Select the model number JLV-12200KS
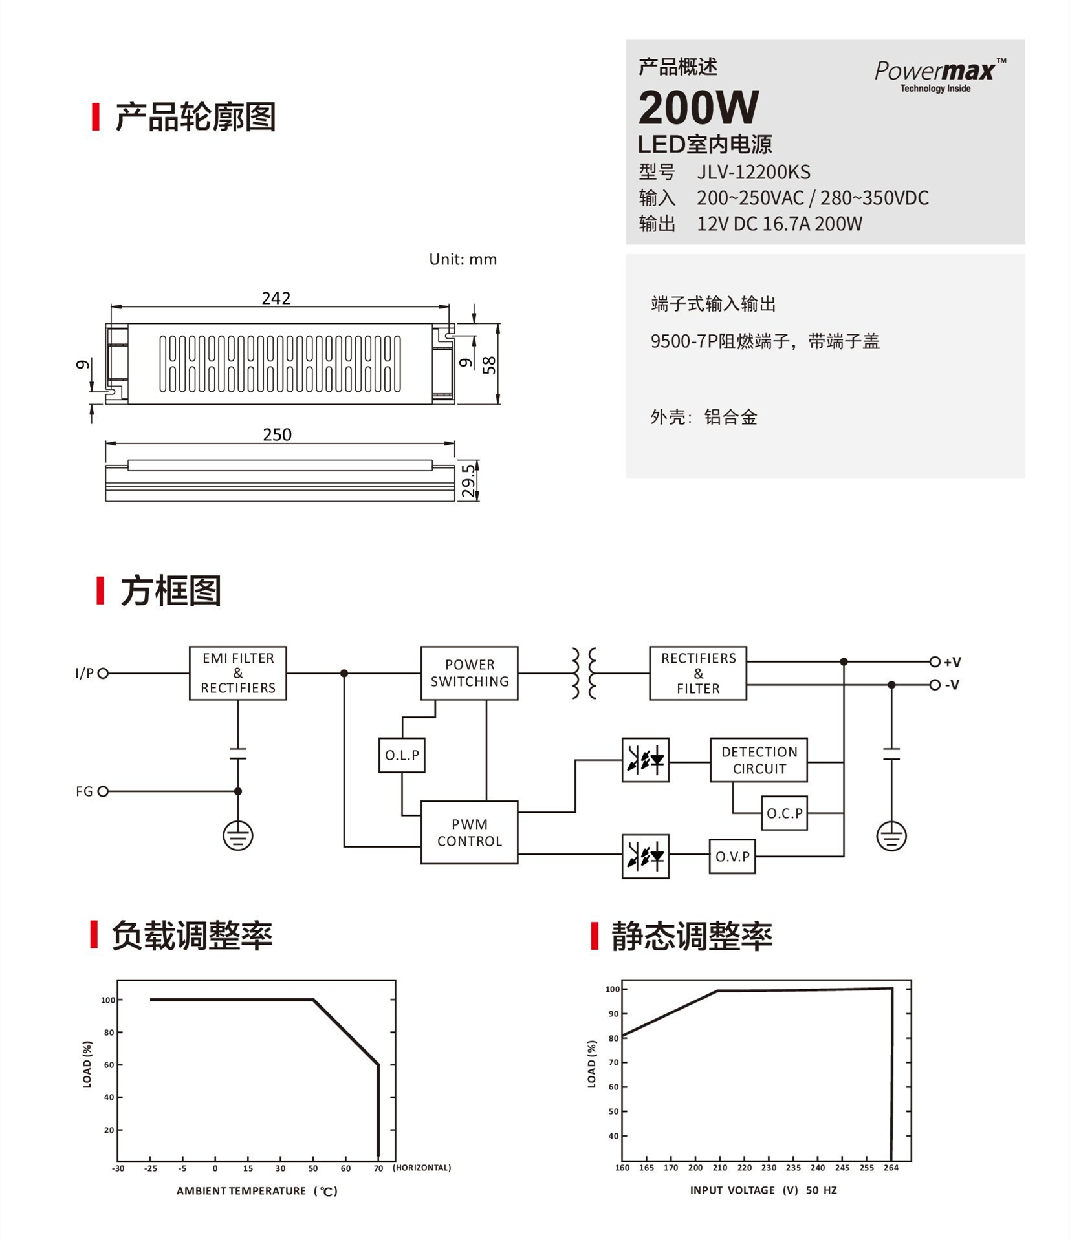click(x=753, y=172)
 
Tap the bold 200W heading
click(x=698, y=107)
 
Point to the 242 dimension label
click(x=276, y=298)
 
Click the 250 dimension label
click(x=277, y=434)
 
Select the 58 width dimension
click(x=489, y=365)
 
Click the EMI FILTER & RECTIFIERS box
click(x=238, y=673)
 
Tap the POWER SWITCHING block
click(x=470, y=673)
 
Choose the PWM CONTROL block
click(x=470, y=833)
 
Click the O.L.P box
click(x=402, y=755)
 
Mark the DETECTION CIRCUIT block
click(x=759, y=760)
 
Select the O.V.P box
click(x=732, y=857)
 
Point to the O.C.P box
click(x=785, y=813)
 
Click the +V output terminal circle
click(x=935, y=661)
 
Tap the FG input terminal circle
click(x=103, y=791)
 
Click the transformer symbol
click(x=584, y=673)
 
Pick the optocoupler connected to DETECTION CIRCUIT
click(x=646, y=760)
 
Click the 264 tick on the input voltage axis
click(x=891, y=1168)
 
